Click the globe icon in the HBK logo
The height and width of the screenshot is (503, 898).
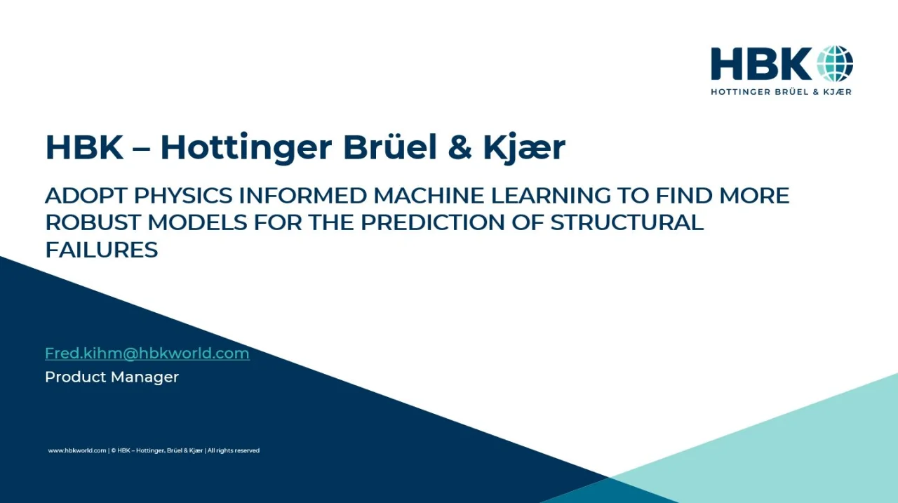point(835,64)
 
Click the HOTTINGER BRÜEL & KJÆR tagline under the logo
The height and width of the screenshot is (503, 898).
point(782,92)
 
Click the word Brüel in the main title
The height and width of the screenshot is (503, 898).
point(389,147)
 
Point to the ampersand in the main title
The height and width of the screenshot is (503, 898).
point(460,148)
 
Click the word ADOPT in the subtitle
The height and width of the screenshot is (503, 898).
point(86,196)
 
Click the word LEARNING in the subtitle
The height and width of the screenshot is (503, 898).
point(550,196)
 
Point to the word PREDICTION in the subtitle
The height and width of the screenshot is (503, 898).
point(433,222)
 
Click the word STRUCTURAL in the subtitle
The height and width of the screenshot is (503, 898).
point(627,222)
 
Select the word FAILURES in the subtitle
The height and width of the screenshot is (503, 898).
point(102,250)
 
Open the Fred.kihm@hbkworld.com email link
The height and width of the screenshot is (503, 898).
point(147,354)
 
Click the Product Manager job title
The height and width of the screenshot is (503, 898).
point(112,377)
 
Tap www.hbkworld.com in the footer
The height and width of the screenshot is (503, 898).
point(77,450)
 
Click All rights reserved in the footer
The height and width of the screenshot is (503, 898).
point(234,450)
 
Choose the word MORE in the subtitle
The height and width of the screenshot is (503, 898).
point(754,196)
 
